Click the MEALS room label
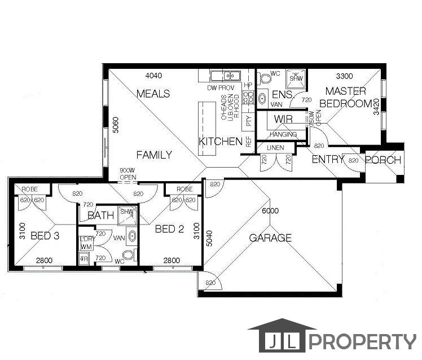click(153, 94)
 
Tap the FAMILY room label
click(154, 154)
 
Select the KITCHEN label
click(220, 141)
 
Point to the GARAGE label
click(271, 238)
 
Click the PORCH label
click(383, 160)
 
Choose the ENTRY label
click(328, 160)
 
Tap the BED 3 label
click(45, 235)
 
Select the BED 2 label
click(169, 229)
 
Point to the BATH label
click(102, 216)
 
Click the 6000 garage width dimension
click(270, 210)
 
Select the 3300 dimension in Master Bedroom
click(345, 76)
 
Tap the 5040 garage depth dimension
click(208, 238)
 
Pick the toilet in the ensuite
click(263, 79)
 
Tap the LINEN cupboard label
click(275, 148)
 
